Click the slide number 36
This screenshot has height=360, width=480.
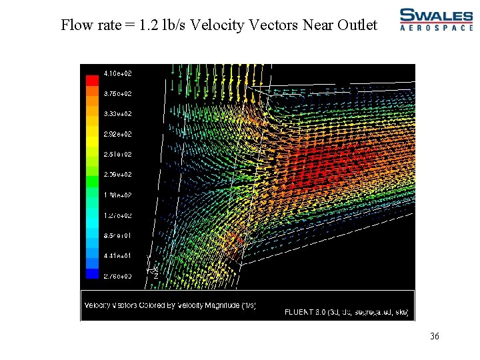point(435,337)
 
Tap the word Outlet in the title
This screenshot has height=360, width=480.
point(359,25)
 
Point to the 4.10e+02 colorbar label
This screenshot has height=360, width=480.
point(117,73)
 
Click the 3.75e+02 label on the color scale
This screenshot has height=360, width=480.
point(117,94)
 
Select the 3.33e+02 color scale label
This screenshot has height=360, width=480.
point(117,114)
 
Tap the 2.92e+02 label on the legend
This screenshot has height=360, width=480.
point(117,134)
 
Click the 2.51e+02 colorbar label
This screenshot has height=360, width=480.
point(117,154)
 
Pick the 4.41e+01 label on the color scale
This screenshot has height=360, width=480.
point(117,255)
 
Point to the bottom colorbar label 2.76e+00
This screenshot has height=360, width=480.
point(117,275)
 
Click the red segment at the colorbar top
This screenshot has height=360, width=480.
point(92,80)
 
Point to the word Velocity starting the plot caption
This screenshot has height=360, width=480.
point(97,305)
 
